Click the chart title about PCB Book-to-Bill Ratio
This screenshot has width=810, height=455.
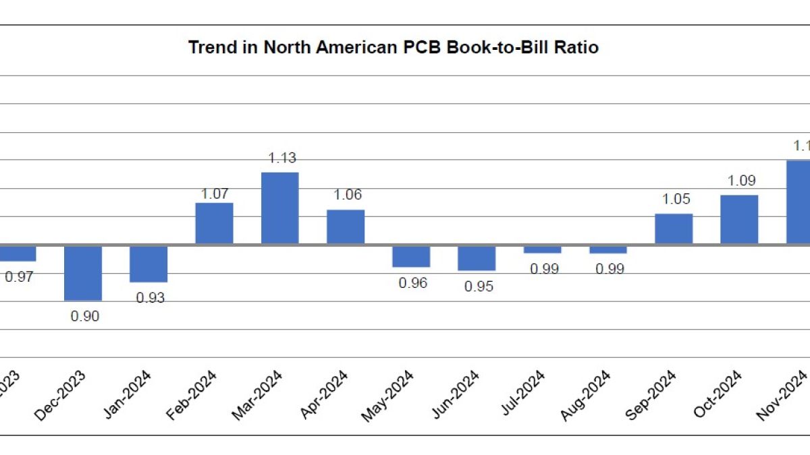coord(393,48)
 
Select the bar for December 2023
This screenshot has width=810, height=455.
coord(83,272)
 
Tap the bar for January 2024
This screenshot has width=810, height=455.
coord(148,264)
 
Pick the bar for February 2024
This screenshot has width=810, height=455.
coord(214,223)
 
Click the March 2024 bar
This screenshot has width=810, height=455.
coord(279,208)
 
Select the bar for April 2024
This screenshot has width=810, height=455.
coord(346,226)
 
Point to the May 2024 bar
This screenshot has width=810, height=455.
coord(411,256)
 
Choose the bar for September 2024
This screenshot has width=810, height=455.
coord(673,229)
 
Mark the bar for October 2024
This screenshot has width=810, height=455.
coord(739,219)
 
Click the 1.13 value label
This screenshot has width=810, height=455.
coord(282,158)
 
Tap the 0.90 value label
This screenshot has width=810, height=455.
coord(85,316)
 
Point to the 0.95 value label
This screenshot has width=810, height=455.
coord(479,286)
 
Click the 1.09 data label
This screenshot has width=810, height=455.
coord(741,181)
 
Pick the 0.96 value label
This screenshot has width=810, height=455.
coord(413,283)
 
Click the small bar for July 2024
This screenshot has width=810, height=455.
coord(542,249)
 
